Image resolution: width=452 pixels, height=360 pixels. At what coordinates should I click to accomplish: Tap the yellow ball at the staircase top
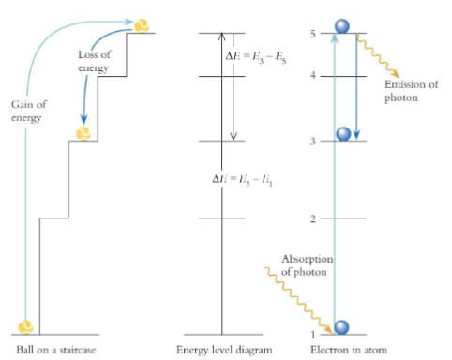click(142, 24)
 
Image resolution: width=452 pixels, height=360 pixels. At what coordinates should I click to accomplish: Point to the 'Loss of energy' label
click(93, 62)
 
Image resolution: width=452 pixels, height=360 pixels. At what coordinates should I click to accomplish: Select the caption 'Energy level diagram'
click(223, 350)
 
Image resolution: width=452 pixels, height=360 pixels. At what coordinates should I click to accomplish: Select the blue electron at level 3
click(343, 133)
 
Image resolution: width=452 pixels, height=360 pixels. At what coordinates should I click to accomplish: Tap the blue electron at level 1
click(342, 325)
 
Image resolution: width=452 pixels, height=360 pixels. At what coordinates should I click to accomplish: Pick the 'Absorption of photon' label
click(307, 265)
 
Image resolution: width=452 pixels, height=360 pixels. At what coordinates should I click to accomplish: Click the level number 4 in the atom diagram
click(312, 76)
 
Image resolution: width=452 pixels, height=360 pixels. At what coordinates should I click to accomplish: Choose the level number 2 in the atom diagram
click(312, 218)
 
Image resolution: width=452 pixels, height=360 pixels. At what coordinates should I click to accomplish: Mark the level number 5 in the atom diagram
click(312, 34)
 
